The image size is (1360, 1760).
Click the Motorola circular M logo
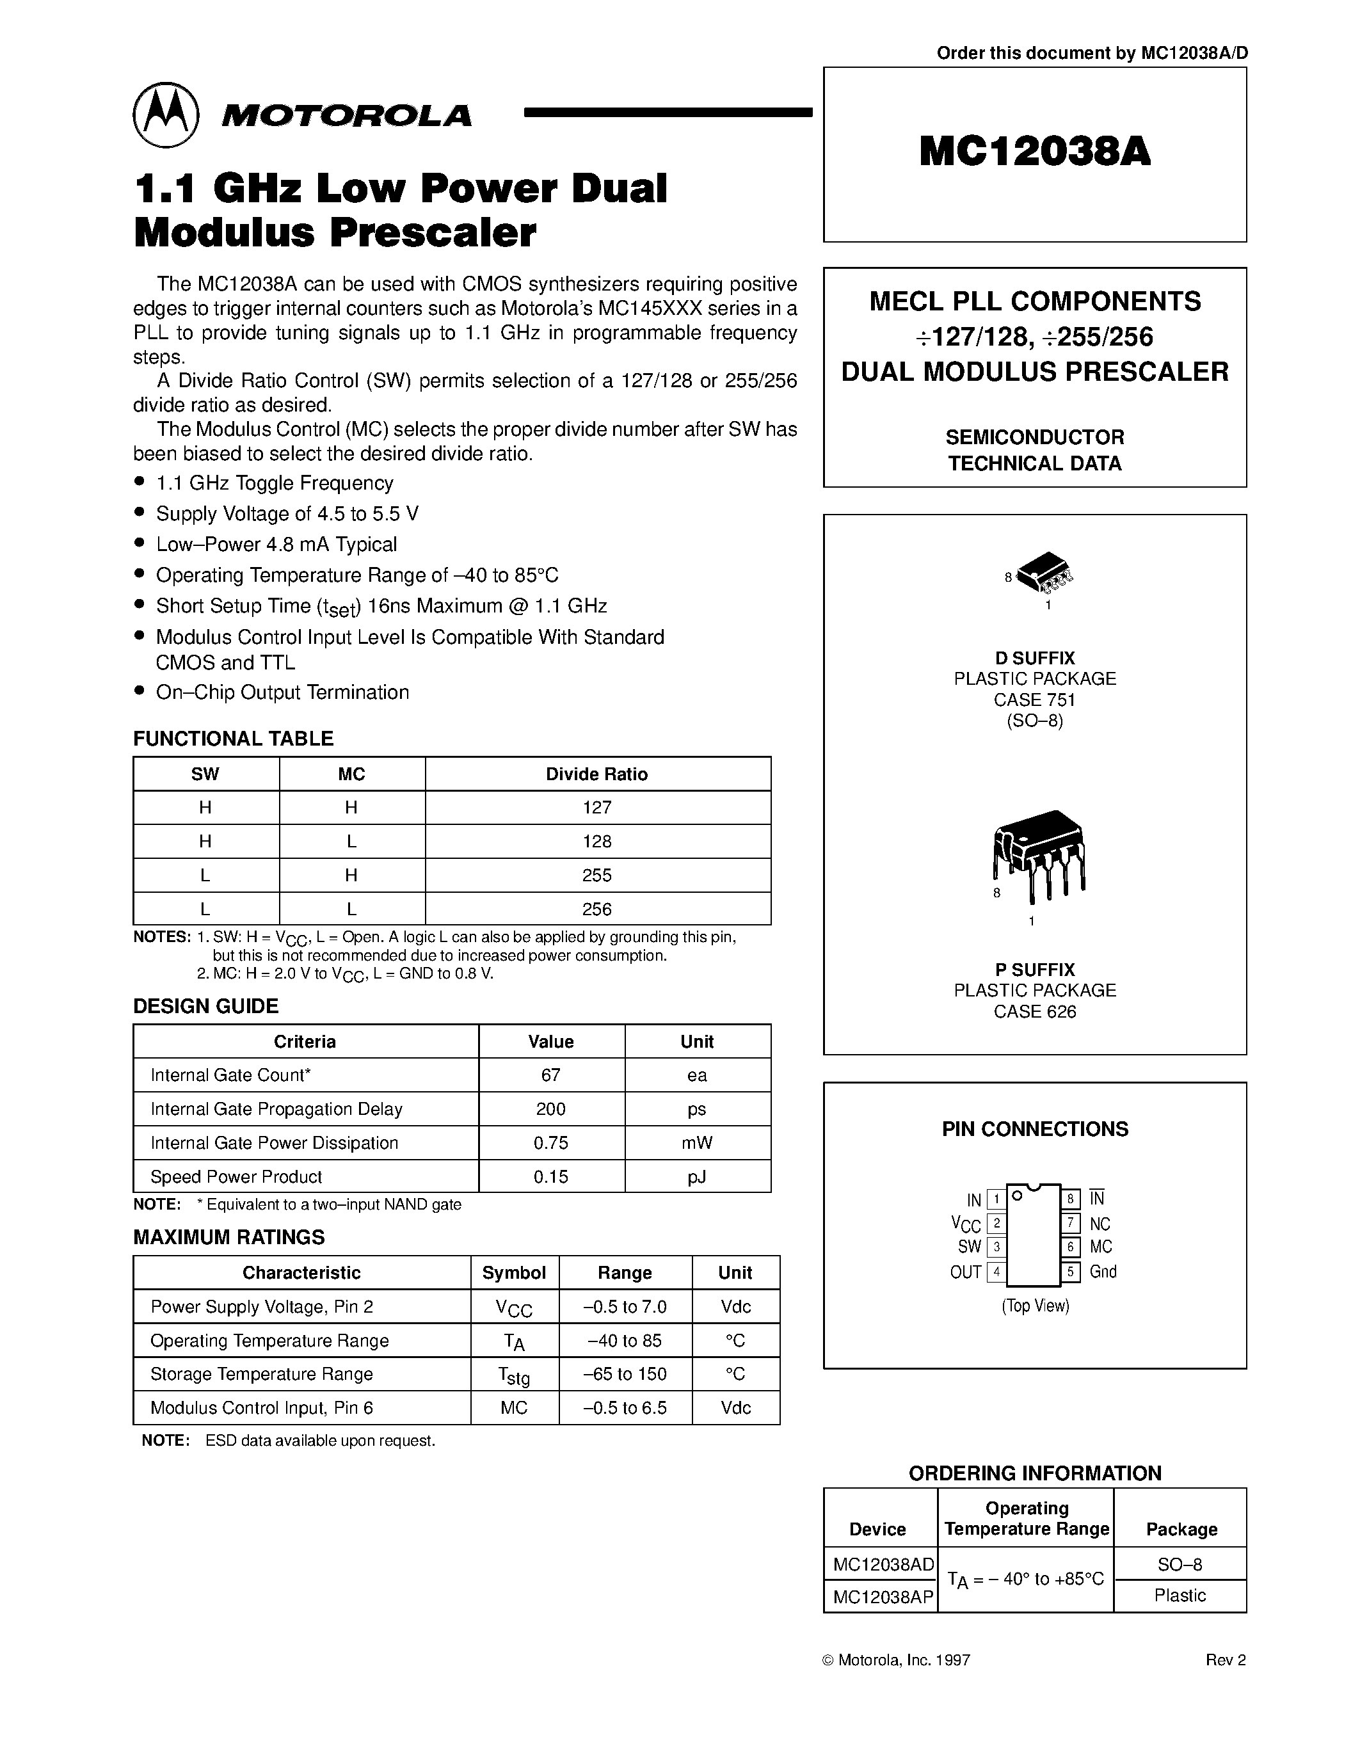click(x=165, y=115)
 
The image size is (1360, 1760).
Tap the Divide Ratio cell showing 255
click(x=597, y=875)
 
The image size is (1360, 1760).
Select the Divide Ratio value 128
click(x=597, y=842)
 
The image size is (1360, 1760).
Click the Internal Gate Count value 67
click(x=551, y=1075)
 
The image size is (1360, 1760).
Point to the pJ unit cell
click(x=697, y=1176)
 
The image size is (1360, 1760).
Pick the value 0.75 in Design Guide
click(x=551, y=1142)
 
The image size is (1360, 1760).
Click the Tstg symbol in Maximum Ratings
click(x=514, y=1375)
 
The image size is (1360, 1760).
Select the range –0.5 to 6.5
click(x=625, y=1408)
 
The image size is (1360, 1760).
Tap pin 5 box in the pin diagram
click(x=1070, y=1272)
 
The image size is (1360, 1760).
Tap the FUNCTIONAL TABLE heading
click(x=233, y=738)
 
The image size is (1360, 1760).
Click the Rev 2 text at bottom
click(x=1226, y=1660)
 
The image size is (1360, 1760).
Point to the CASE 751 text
click(x=1034, y=700)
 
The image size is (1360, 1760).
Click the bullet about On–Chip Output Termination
click(x=282, y=692)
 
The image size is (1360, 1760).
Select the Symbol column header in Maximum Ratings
click(x=514, y=1272)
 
